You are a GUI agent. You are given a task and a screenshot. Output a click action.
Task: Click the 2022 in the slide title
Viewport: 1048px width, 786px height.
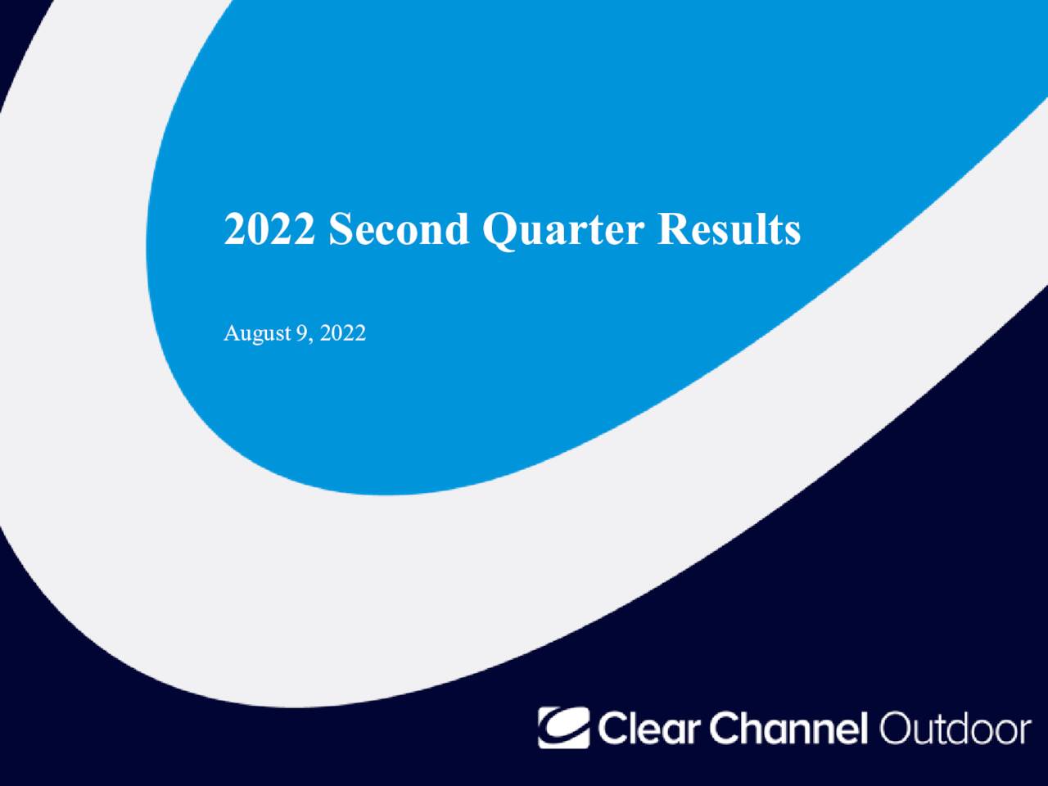269,229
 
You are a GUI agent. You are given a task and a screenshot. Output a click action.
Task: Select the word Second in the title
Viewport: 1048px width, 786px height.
399,229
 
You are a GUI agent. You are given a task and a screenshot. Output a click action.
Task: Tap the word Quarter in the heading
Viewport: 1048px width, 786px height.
562,231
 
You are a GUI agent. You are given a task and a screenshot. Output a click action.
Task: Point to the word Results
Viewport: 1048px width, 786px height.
729,229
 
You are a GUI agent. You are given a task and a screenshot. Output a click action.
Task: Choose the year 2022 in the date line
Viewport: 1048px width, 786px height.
343,334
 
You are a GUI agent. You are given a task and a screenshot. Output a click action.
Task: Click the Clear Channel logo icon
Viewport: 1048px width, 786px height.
563,727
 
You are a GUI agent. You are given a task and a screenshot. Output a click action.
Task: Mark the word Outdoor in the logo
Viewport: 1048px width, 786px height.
955,728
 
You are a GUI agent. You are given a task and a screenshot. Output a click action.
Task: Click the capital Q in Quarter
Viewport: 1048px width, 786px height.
499,231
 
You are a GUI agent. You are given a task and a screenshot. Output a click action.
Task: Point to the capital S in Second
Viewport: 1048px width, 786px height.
340,229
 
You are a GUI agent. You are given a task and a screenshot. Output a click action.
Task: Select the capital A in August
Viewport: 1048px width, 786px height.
231,333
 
